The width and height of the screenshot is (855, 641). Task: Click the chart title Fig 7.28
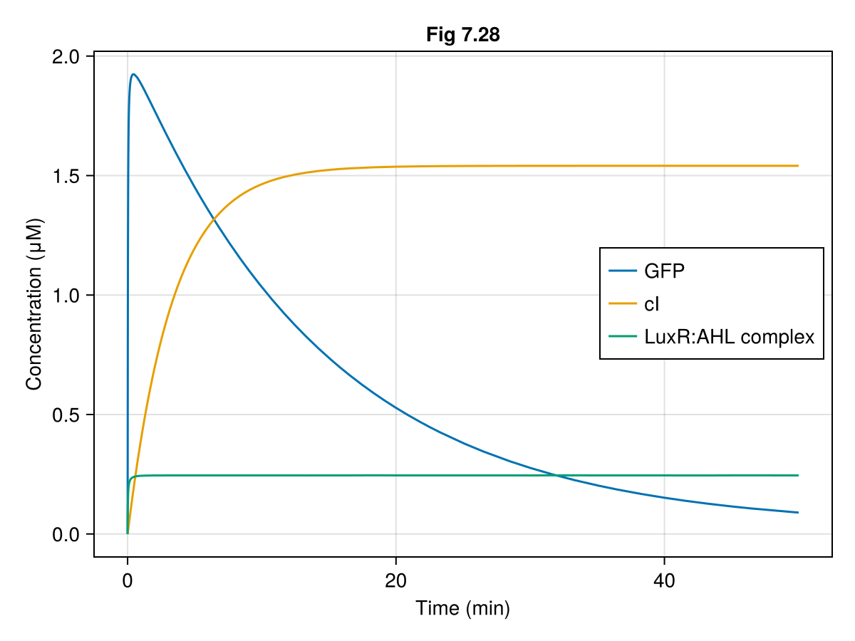click(462, 34)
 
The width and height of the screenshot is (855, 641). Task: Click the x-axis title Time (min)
click(462, 608)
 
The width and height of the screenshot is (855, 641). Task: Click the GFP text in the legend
click(664, 271)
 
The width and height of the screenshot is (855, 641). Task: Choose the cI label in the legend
click(652, 304)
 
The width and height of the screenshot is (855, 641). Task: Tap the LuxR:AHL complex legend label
click(729, 337)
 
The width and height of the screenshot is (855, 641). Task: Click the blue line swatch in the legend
click(622, 271)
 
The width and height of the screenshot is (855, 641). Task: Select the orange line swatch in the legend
click(622, 304)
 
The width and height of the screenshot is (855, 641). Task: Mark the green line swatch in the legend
click(622, 337)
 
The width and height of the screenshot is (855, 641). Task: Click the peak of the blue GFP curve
click(133, 74)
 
